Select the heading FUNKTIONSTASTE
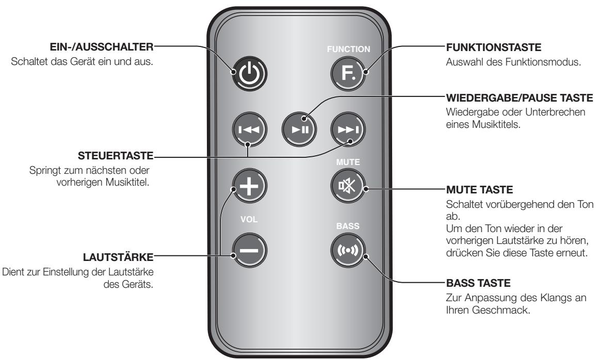click(480, 47)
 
